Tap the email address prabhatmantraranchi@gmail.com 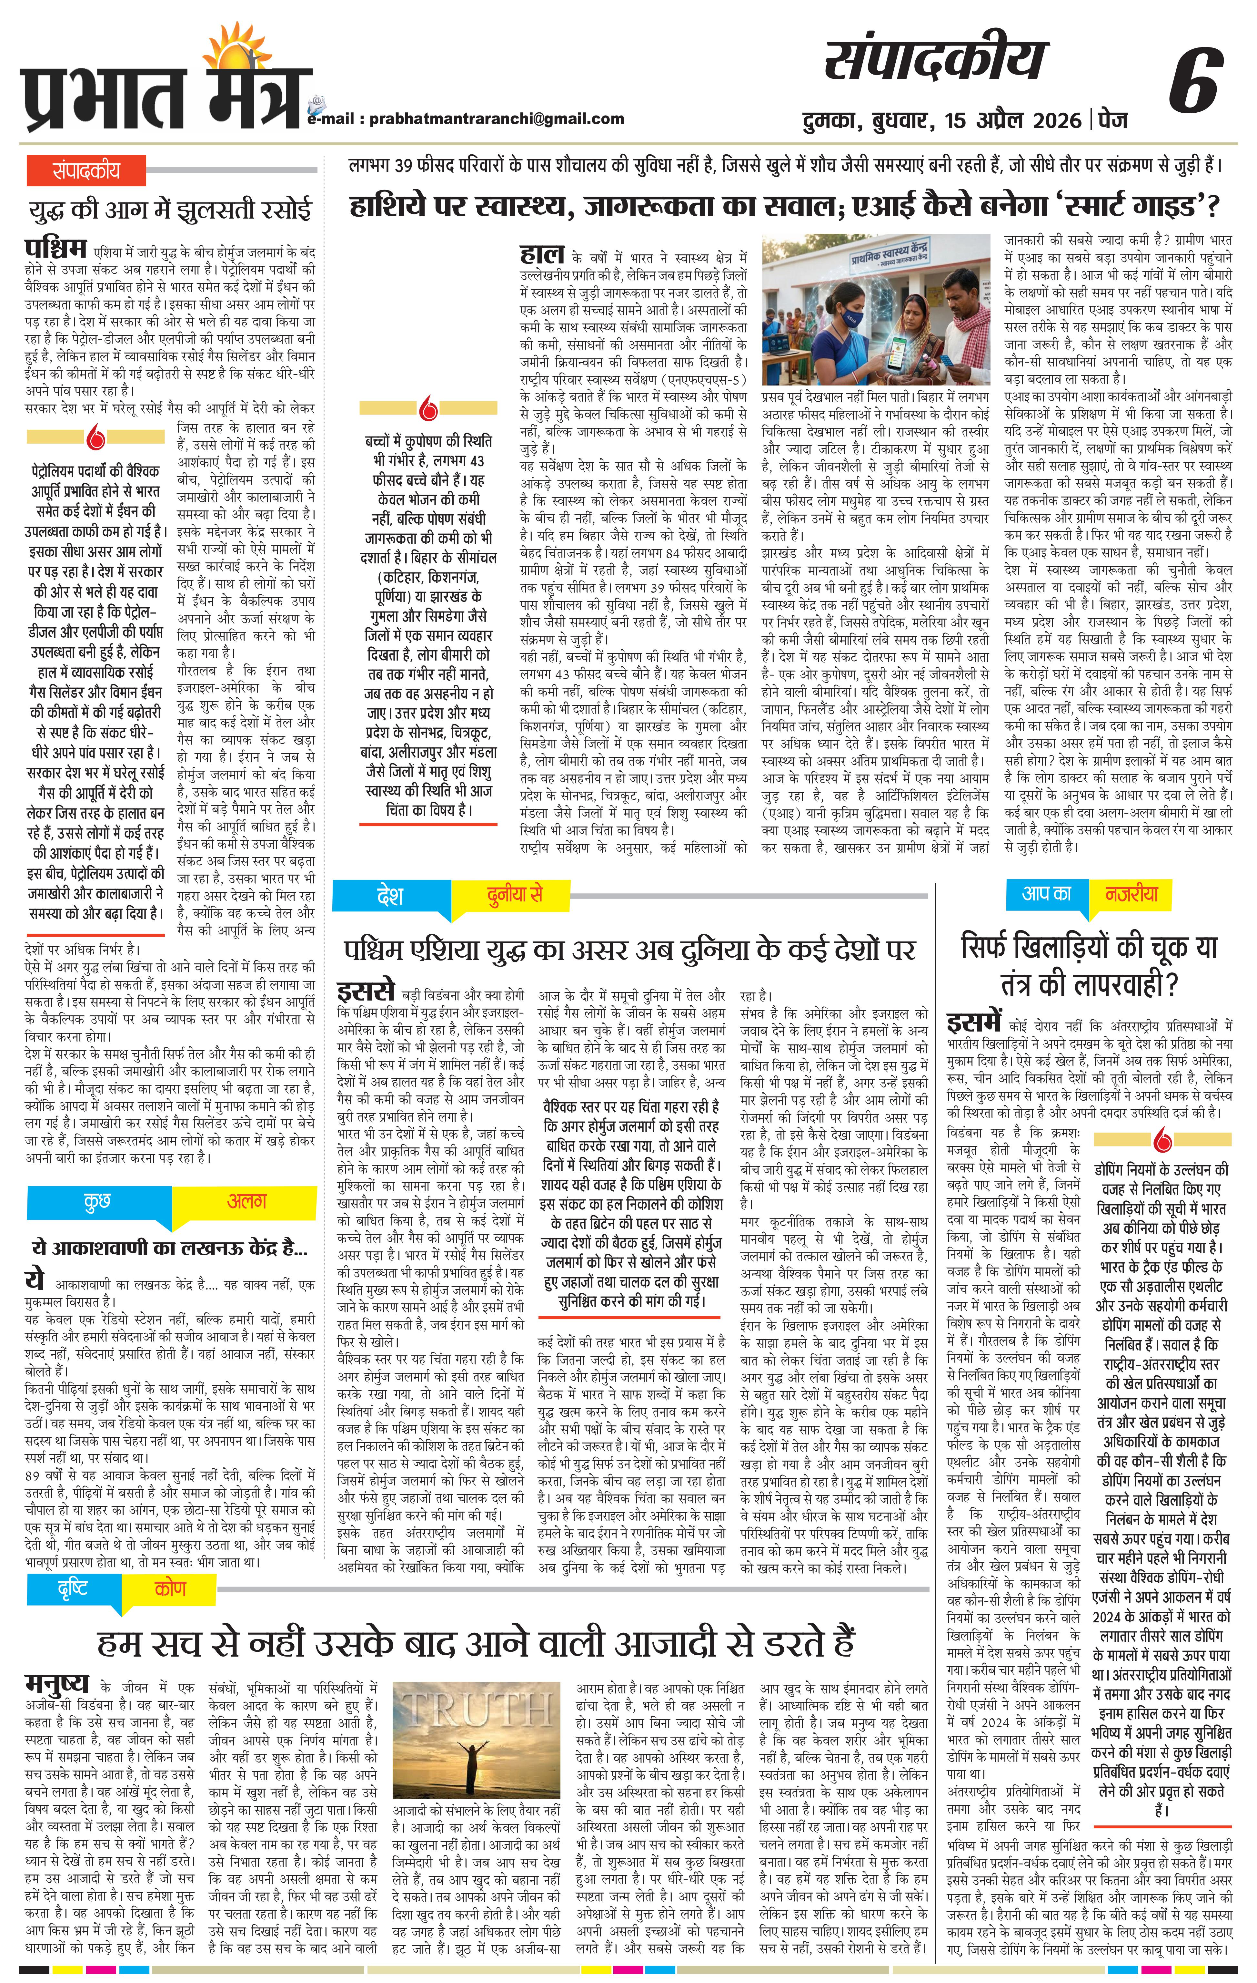(x=496, y=118)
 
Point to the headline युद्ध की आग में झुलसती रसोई (x=170, y=211)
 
